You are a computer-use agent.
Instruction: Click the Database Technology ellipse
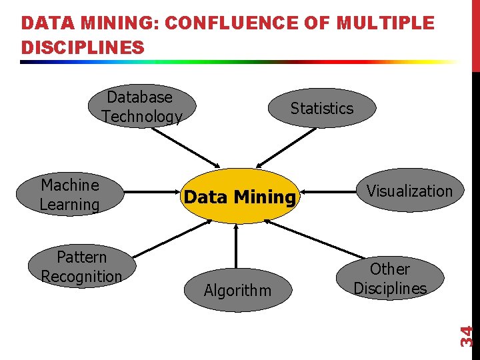(x=142, y=107)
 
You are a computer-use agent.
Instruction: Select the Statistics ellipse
(x=322, y=108)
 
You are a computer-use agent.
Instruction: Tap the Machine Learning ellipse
(x=69, y=195)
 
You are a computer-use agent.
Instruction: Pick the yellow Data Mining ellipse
(x=239, y=197)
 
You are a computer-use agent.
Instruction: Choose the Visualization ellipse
(x=409, y=191)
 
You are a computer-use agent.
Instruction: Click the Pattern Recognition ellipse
(x=82, y=267)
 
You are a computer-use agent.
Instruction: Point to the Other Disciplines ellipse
(x=390, y=278)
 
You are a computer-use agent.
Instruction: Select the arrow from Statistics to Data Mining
(x=287, y=147)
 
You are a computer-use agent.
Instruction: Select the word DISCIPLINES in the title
(x=83, y=48)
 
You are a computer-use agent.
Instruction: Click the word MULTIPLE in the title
(x=386, y=24)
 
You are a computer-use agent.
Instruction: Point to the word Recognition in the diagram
(x=82, y=276)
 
